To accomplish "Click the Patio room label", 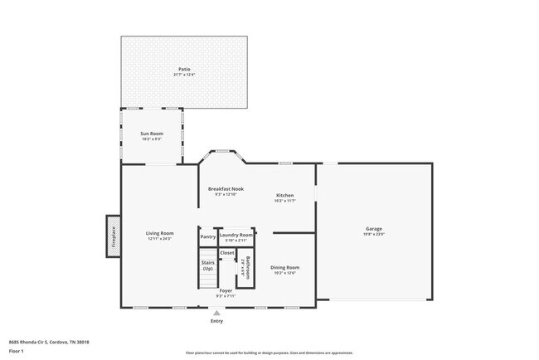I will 183,69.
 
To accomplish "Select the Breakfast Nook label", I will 226,189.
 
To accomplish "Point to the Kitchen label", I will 285,196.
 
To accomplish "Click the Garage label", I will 375,228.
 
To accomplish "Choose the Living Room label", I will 160,233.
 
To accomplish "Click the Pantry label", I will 207,236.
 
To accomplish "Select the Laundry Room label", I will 236,235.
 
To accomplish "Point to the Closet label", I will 227,252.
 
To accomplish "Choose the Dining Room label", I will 284,267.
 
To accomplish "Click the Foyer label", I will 226,290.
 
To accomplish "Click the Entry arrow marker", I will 216,313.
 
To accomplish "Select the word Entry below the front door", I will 216,320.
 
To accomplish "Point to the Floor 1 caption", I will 16,352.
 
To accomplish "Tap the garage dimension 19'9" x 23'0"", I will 375,234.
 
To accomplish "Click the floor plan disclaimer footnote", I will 269,353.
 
